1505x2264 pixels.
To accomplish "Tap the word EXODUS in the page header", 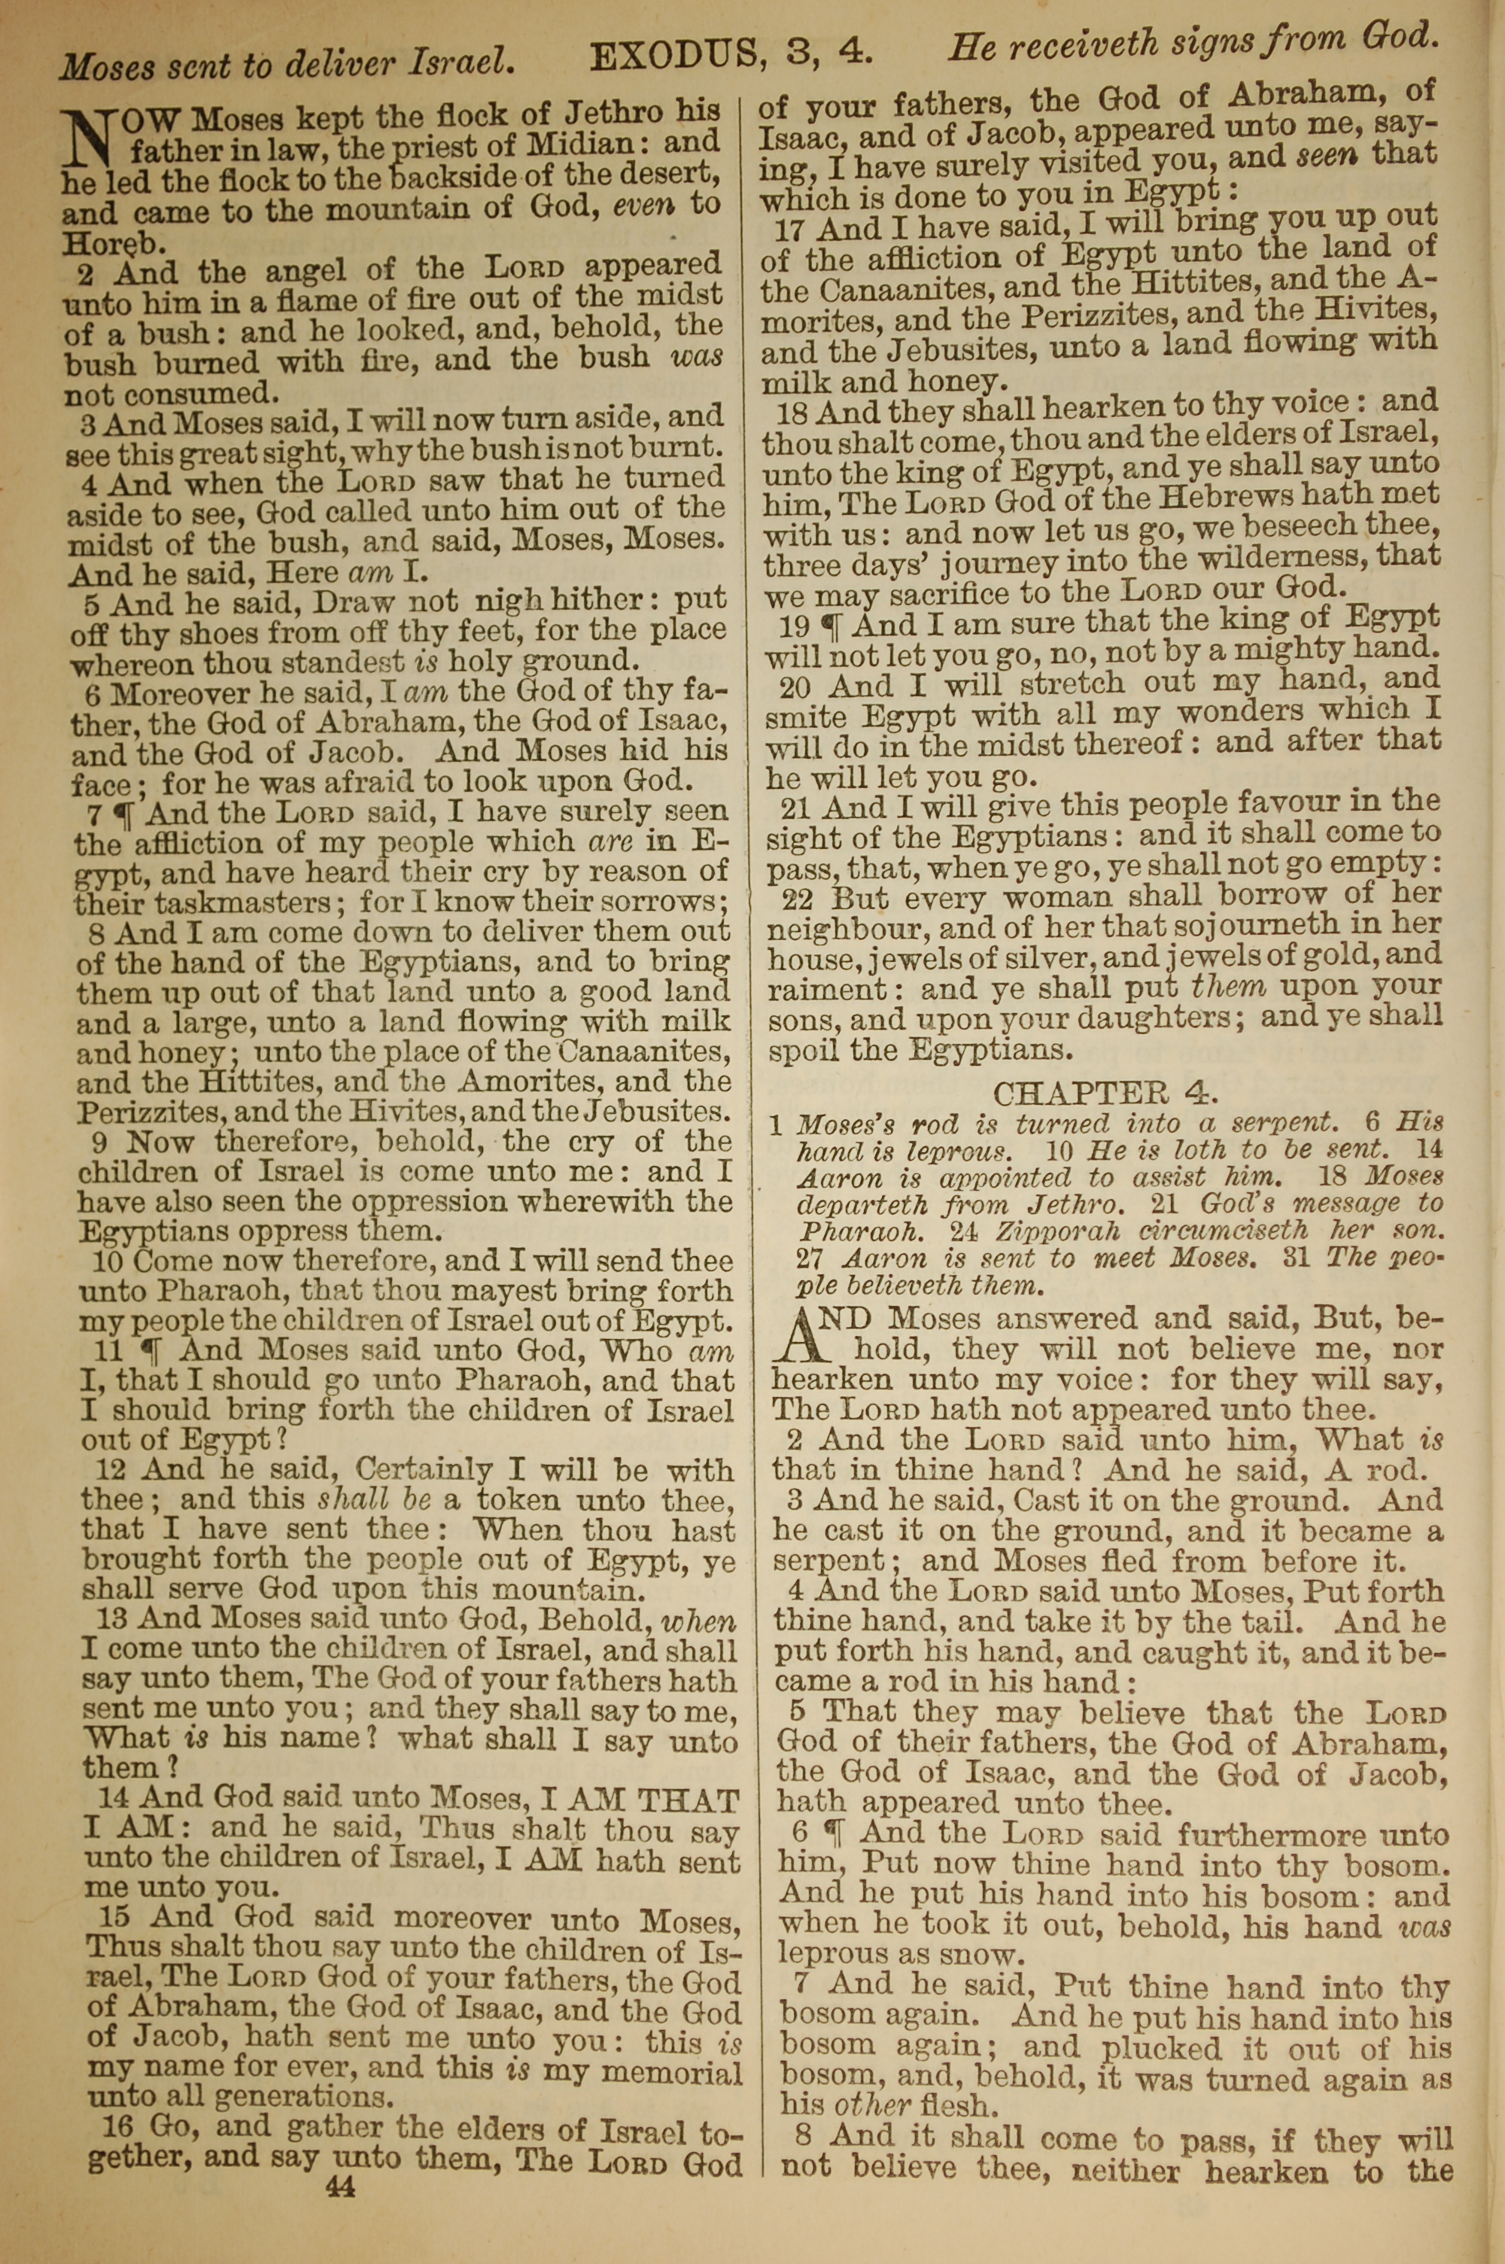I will pos(673,58).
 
